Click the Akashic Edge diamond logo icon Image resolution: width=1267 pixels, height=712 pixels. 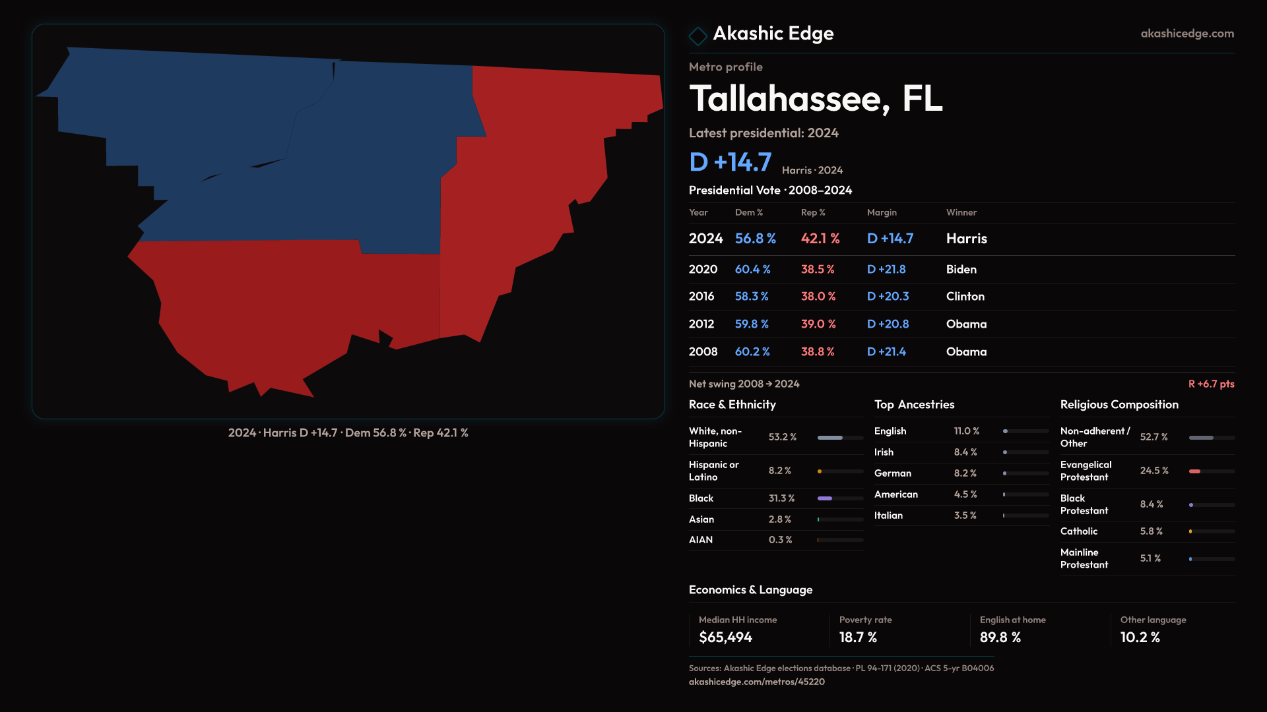(698, 36)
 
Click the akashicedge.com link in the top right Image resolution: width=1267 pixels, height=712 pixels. (1186, 34)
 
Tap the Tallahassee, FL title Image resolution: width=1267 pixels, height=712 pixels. (816, 99)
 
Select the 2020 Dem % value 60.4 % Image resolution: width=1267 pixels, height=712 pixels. (752, 270)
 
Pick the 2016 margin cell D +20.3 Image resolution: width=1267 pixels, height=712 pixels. (888, 297)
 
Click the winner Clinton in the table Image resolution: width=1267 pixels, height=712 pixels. (965, 297)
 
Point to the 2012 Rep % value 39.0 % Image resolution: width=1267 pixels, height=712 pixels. (818, 324)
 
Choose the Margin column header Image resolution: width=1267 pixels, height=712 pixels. (882, 212)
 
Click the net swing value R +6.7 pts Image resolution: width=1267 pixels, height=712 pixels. (1211, 384)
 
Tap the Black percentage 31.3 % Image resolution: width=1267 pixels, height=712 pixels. (781, 498)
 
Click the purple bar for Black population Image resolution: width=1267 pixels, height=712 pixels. (825, 498)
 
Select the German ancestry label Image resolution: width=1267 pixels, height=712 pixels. (892, 473)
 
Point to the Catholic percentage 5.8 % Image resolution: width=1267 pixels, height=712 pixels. (1151, 531)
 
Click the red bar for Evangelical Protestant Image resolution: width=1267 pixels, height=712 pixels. (1194, 471)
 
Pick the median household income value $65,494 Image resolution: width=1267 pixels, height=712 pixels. (725, 638)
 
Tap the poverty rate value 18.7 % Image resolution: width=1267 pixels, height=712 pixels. (858, 638)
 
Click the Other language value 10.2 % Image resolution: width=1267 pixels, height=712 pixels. (1140, 638)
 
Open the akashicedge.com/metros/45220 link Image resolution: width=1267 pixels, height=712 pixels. (756, 682)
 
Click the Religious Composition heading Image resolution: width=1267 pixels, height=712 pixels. (1119, 405)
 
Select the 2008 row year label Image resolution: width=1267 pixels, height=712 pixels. (703, 352)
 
